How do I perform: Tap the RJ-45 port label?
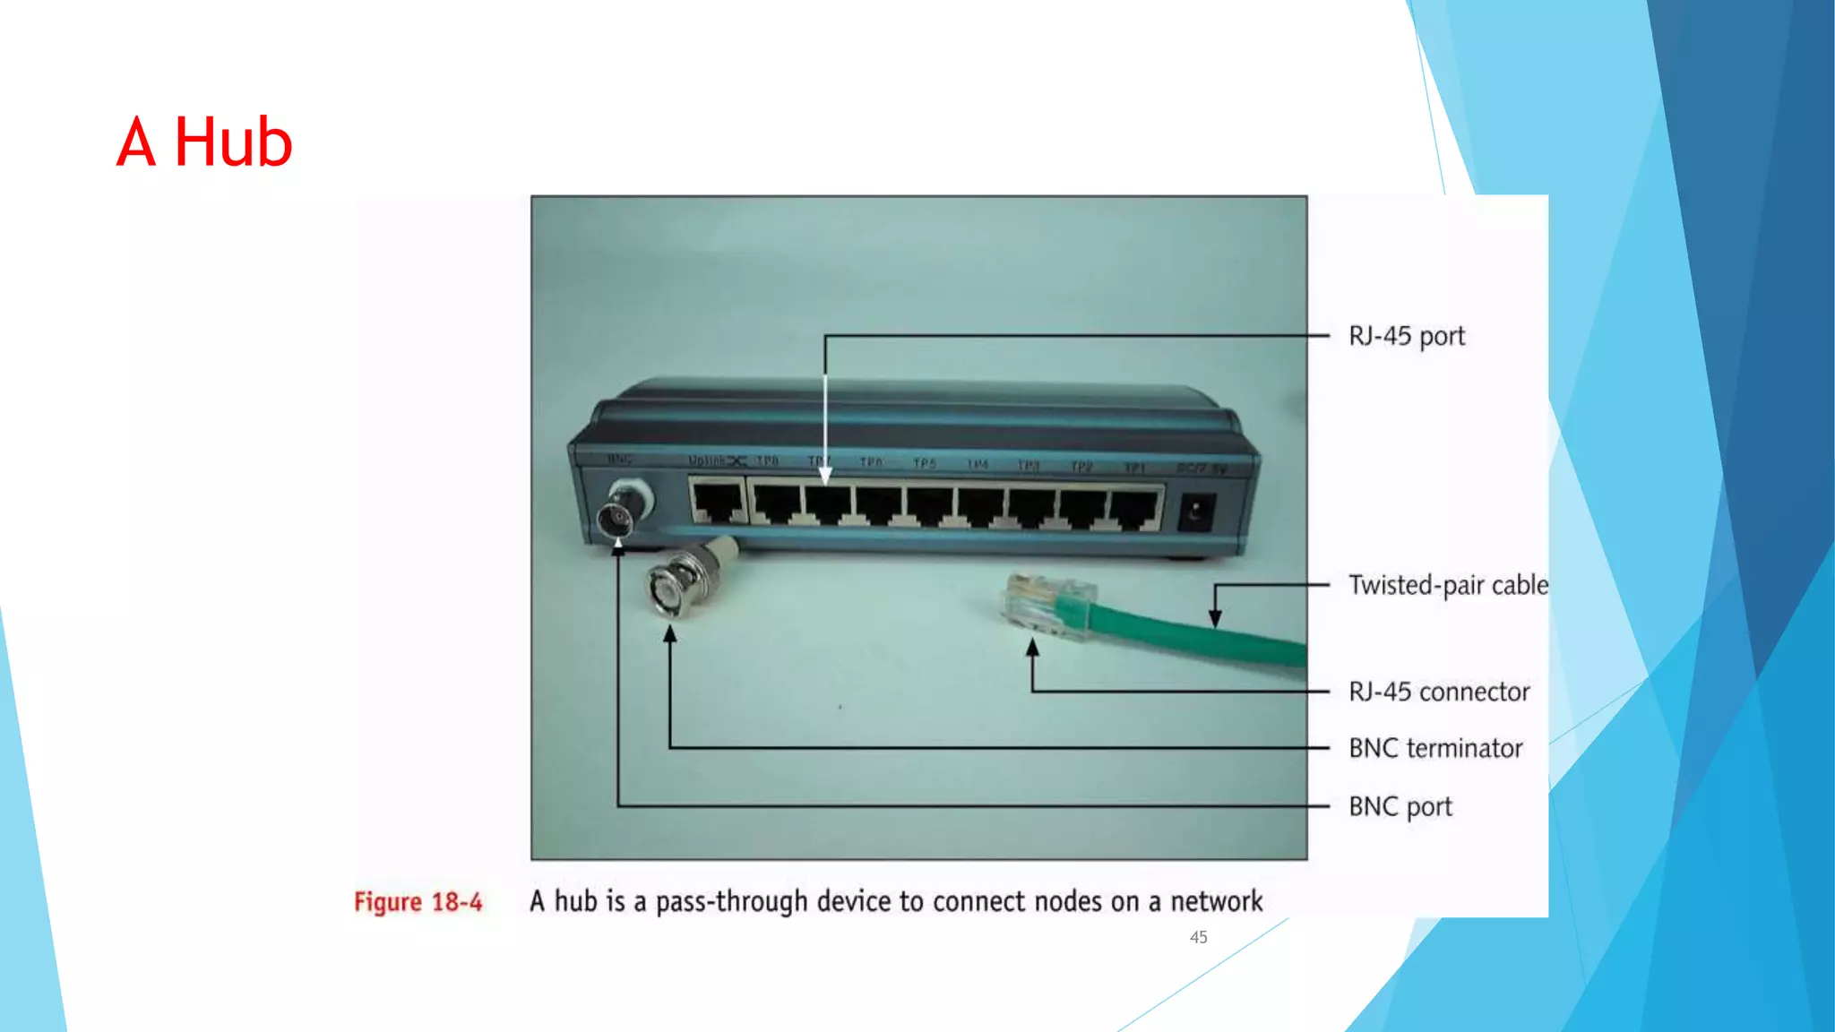pyautogui.click(x=1406, y=336)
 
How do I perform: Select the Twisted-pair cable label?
pyautogui.click(x=1448, y=585)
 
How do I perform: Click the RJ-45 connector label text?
pyautogui.click(x=1439, y=692)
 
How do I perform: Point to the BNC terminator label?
pyautogui.click(x=1435, y=748)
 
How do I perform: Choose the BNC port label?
pyautogui.click(x=1400, y=806)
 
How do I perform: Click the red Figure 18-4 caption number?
pyautogui.click(x=418, y=901)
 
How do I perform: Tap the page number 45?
pyautogui.click(x=1198, y=937)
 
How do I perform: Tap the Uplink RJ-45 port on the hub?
pyautogui.click(x=718, y=503)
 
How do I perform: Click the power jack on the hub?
pyautogui.click(x=1195, y=513)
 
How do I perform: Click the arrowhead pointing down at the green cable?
pyautogui.click(x=1215, y=618)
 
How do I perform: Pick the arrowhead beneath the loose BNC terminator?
pyautogui.click(x=669, y=634)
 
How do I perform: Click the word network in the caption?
pyautogui.click(x=1216, y=901)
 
